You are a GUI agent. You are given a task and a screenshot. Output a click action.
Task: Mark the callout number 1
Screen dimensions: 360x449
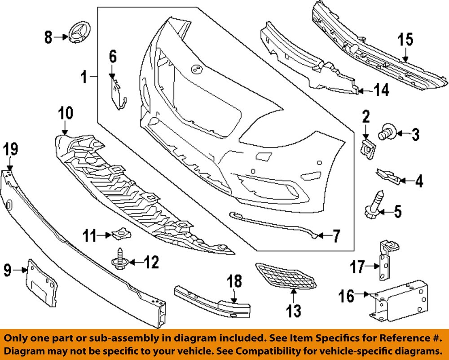pos(84,78)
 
